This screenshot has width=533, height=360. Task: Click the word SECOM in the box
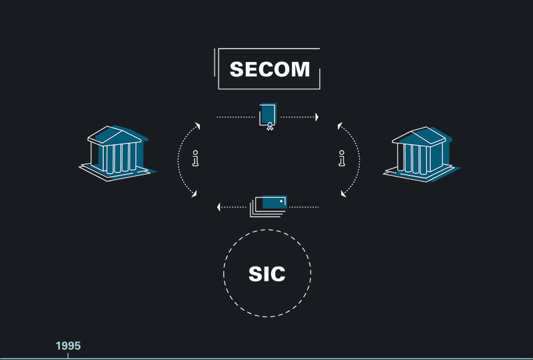[270, 69]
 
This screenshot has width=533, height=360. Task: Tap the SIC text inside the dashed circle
[266, 273]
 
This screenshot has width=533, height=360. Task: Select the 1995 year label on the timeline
[68, 346]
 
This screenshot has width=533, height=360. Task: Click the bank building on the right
[420, 153]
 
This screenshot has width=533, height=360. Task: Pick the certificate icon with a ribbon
[268, 117]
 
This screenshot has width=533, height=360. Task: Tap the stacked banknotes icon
[269, 206]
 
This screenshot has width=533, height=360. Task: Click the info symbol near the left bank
[195, 159]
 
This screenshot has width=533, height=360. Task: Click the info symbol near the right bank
[342, 159]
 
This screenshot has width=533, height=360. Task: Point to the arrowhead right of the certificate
[316, 117]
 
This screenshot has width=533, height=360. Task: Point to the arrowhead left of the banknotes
[219, 207]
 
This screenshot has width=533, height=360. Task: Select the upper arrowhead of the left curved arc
[197, 125]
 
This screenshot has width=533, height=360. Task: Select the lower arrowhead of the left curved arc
[195, 194]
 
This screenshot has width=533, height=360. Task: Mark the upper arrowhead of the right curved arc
[339, 125]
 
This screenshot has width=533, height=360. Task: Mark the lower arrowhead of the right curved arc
[344, 194]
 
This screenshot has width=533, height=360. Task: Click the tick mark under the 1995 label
[68, 356]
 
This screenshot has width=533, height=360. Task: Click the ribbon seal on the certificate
[270, 126]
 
